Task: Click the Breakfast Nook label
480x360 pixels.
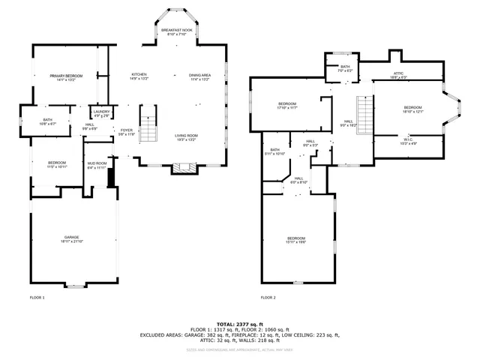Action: [176, 31]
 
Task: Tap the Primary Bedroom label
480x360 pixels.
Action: [66, 77]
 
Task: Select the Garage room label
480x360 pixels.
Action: [72, 239]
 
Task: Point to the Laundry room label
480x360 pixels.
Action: [100, 113]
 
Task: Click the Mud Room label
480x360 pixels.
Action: [97, 165]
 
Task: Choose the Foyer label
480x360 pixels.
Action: [127, 132]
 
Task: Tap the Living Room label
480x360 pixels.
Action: [187, 137]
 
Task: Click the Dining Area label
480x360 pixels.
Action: [199, 76]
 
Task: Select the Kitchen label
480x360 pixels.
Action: [139, 76]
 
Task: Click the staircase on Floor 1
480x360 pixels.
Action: [150, 124]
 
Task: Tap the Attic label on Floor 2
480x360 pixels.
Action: [399, 74]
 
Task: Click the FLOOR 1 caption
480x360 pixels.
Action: [37, 298]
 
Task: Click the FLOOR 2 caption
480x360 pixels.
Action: [268, 298]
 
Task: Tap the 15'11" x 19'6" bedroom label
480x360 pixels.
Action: [296, 240]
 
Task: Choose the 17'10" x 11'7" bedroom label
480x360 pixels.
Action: [288, 106]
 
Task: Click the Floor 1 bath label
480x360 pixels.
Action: [47, 121]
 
